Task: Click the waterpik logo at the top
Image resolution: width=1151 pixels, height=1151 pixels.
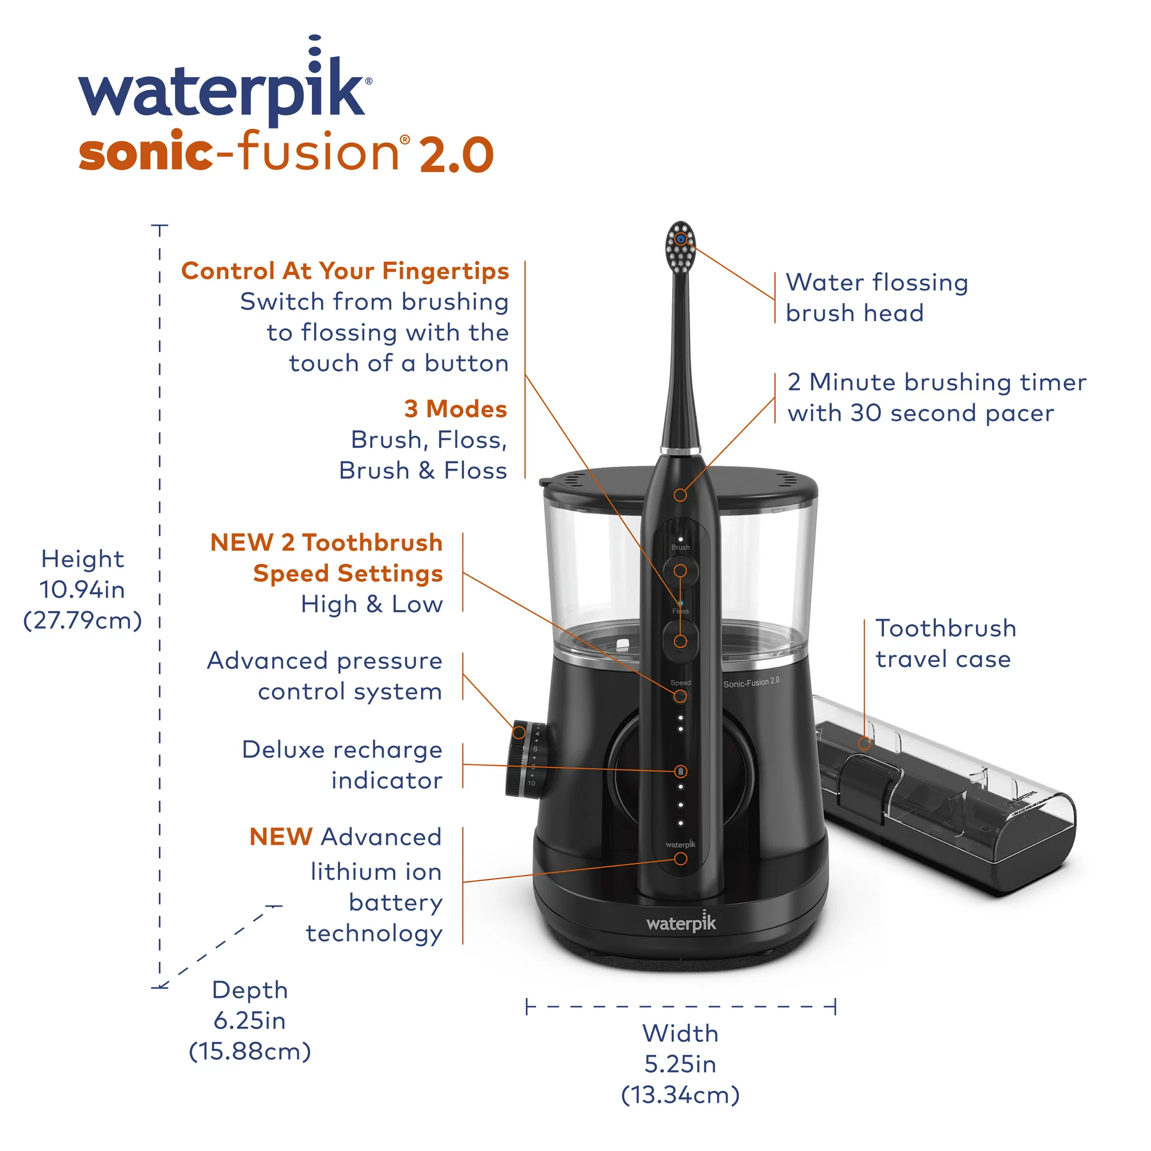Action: tap(223, 89)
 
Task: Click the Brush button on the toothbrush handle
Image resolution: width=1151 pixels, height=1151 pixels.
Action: tap(680, 570)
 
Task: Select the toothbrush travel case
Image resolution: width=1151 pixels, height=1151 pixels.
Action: tap(947, 798)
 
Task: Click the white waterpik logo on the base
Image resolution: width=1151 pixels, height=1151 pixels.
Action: tap(681, 923)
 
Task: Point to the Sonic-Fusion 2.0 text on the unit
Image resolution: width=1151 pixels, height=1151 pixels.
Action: tap(750, 682)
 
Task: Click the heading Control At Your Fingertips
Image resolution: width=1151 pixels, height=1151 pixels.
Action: tap(345, 271)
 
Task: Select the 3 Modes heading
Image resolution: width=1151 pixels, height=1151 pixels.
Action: tap(455, 409)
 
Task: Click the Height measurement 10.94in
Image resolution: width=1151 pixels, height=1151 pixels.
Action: tap(82, 590)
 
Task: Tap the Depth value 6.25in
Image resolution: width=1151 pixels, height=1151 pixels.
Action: tap(250, 1020)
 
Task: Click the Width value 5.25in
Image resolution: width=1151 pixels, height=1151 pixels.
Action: tap(680, 1064)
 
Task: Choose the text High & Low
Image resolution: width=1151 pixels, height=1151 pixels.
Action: tap(372, 604)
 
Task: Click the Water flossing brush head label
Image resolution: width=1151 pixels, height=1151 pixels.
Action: tap(876, 298)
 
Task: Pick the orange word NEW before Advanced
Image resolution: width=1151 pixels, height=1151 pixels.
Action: tap(281, 837)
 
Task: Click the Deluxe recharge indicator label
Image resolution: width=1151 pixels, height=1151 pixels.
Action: tap(342, 764)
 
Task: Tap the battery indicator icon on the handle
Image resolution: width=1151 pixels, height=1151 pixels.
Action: tap(680, 772)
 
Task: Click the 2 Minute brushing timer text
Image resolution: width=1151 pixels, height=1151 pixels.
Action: tap(936, 383)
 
